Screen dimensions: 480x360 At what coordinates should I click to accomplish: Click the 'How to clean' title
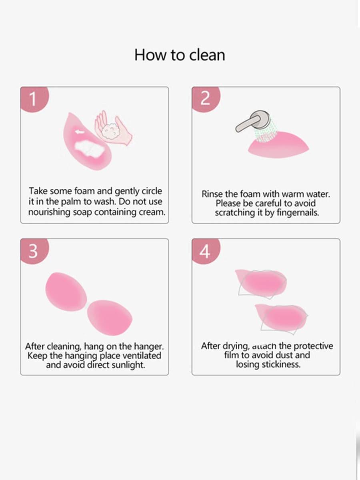[x=180, y=55]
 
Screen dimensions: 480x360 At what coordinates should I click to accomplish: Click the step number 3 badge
[x=33, y=251]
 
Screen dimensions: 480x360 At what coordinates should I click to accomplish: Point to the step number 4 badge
[x=204, y=251]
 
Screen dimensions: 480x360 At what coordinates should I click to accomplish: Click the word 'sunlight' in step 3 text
[x=126, y=365]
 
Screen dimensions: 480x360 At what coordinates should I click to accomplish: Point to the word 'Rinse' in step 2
[x=213, y=194]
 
